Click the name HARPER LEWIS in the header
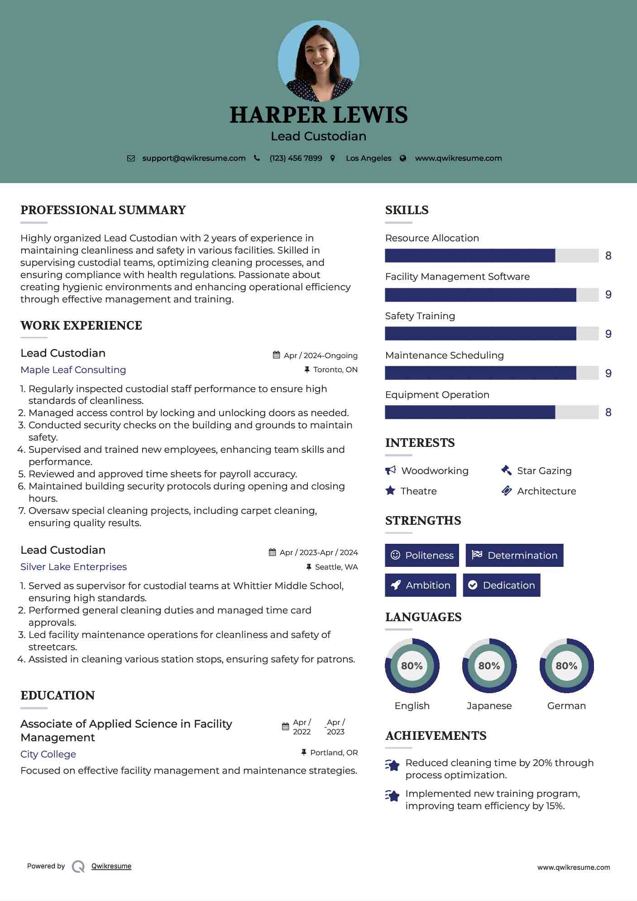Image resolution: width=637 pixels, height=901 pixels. click(318, 115)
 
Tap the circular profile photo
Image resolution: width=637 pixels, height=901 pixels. click(318, 61)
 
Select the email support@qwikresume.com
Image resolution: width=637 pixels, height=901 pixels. click(194, 158)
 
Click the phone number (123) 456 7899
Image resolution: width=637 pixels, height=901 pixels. click(296, 158)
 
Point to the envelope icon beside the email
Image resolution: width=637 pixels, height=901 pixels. click(131, 158)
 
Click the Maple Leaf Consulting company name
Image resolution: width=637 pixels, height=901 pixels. click(73, 370)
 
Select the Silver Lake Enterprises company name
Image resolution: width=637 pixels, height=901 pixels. click(74, 567)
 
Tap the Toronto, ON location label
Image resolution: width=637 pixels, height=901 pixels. click(335, 370)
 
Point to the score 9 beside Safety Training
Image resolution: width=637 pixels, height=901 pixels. click(608, 334)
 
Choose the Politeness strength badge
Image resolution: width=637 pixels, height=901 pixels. click(422, 556)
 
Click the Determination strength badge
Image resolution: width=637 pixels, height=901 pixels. click(514, 556)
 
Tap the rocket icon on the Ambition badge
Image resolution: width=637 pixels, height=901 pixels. click(396, 585)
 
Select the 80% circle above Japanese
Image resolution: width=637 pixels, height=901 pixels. click(489, 666)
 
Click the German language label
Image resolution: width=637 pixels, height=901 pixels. click(566, 706)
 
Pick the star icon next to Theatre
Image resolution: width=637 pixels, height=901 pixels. click(390, 491)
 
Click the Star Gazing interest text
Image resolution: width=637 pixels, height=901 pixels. click(544, 471)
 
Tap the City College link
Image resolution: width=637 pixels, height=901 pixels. click(48, 754)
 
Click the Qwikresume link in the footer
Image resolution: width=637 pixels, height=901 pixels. click(111, 866)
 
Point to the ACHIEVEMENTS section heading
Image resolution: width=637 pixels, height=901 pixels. click(436, 736)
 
